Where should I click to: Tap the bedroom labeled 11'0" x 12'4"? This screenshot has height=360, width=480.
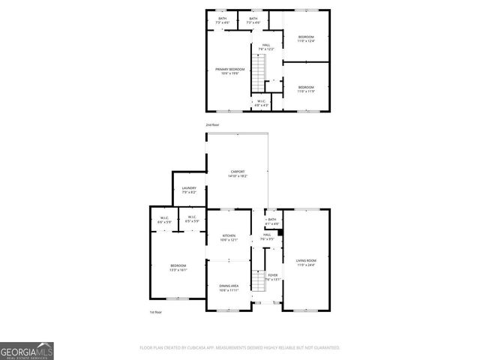(306, 39)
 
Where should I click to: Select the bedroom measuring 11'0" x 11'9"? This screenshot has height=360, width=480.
(306, 88)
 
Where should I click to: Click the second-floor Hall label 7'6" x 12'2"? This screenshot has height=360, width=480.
(266, 47)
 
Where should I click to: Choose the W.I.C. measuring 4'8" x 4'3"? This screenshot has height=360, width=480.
(261, 103)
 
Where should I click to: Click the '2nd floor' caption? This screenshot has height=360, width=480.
(213, 124)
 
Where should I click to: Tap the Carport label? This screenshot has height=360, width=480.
(237, 173)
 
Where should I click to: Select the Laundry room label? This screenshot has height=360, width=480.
(189, 190)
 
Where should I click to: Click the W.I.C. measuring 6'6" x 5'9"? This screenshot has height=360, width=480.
(164, 220)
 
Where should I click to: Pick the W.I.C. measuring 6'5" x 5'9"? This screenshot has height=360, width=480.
(192, 220)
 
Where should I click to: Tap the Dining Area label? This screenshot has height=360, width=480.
(229, 287)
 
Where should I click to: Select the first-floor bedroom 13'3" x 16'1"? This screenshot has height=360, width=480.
(178, 268)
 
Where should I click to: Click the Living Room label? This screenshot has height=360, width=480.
(305, 262)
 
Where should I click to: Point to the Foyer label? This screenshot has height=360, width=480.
(273, 277)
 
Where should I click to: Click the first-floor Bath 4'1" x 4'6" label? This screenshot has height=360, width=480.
(272, 221)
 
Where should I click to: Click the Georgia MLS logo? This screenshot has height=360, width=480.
(27, 350)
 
